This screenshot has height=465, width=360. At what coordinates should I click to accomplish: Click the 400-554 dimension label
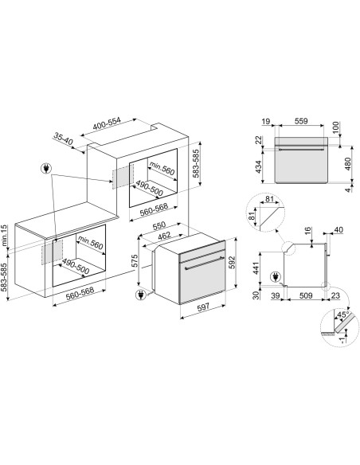tap(107, 124)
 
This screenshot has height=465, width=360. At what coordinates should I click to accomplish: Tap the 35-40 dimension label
tap(63, 139)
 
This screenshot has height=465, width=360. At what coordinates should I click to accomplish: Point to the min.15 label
tap(4, 236)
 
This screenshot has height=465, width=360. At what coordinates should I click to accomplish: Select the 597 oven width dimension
tap(203, 307)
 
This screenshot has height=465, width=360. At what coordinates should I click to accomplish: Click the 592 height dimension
tap(232, 262)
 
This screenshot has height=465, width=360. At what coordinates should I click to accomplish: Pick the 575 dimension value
tap(135, 261)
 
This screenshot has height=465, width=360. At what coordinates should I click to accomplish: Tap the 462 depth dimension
tap(164, 236)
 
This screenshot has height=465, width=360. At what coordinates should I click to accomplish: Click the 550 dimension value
tap(159, 226)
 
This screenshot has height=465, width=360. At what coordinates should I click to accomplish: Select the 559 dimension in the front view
tap(301, 121)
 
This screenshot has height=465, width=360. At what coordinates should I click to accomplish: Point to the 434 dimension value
tap(259, 167)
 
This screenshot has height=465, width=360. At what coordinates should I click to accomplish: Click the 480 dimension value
tap(347, 164)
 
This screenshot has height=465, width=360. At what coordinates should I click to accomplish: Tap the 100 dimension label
tap(335, 127)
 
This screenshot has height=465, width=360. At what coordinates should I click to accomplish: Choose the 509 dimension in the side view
tap(305, 295)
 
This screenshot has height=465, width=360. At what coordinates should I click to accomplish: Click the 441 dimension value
tap(256, 268)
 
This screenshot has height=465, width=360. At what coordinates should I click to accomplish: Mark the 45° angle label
tap(344, 315)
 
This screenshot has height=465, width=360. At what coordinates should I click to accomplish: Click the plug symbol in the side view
tap(276, 277)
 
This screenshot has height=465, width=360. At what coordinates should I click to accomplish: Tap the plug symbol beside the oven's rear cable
tap(140, 295)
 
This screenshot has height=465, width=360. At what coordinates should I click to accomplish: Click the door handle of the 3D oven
tap(205, 264)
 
